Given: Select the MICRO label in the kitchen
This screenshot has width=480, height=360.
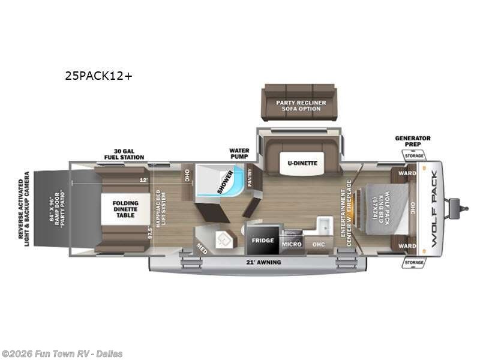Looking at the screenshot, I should pos(292,244).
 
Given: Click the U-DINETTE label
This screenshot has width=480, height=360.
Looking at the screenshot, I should pos(301,163).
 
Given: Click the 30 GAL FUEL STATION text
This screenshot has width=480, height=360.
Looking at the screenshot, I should pos(128,154).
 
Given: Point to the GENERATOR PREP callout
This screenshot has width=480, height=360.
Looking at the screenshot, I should pos(412,142).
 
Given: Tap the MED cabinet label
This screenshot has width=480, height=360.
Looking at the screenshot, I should pos(202,246).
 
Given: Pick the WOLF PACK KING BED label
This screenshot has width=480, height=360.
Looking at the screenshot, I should pos(380,208).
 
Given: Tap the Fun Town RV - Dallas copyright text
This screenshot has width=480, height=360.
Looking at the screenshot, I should pos(62,354).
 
